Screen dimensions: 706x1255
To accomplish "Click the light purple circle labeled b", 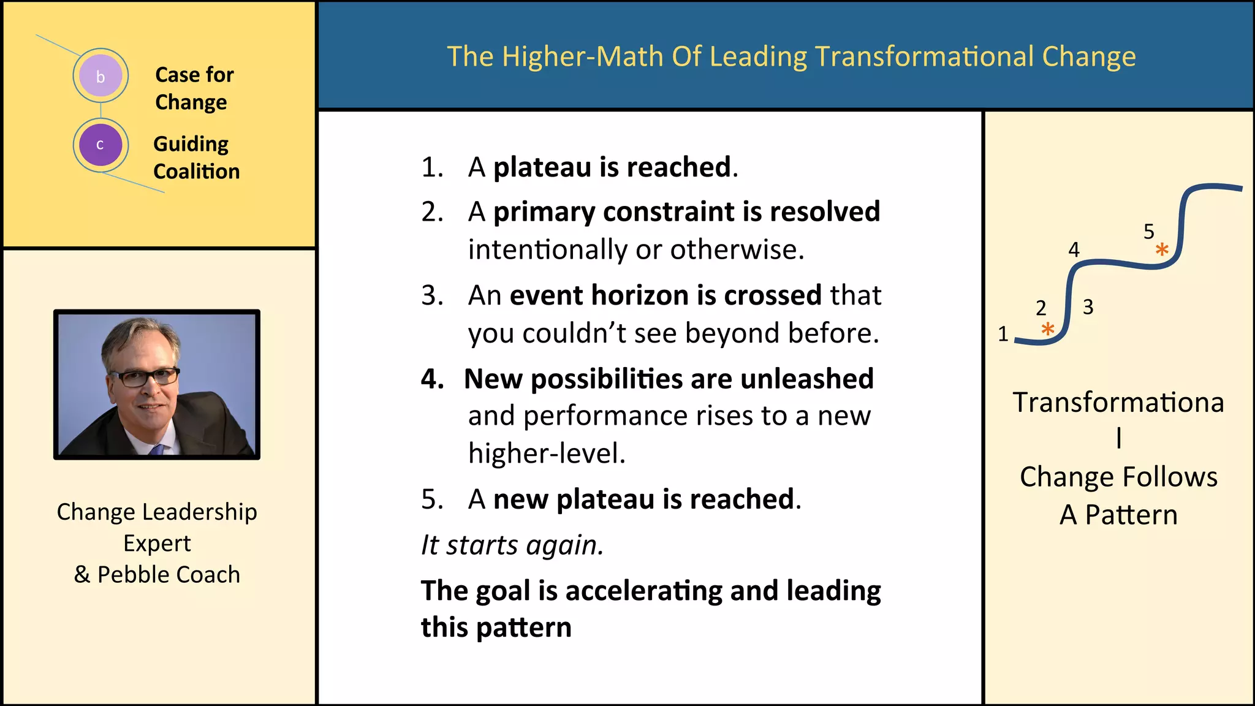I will tap(100, 76).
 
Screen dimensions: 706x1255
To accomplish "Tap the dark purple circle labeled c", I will tap(100, 145).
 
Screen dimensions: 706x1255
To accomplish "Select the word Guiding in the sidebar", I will tap(191, 144).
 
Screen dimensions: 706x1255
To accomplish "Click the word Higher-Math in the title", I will tap(589, 56).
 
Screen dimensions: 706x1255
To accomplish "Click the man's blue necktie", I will tap(157, 449).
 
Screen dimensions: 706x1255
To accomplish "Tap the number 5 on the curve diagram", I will tap(1148, 232).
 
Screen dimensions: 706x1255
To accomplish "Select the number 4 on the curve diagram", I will tap(1074, 249).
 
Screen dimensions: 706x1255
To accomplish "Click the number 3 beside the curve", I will tap(1088, 306).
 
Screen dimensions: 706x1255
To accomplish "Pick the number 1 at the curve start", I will tap(1003, 334).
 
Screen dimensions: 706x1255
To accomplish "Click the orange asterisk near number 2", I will tap(1048, 329).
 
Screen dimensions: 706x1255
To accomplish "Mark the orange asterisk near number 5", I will tap(1162, 249).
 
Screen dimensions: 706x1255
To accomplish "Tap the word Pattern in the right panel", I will tap(1131, 515).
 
